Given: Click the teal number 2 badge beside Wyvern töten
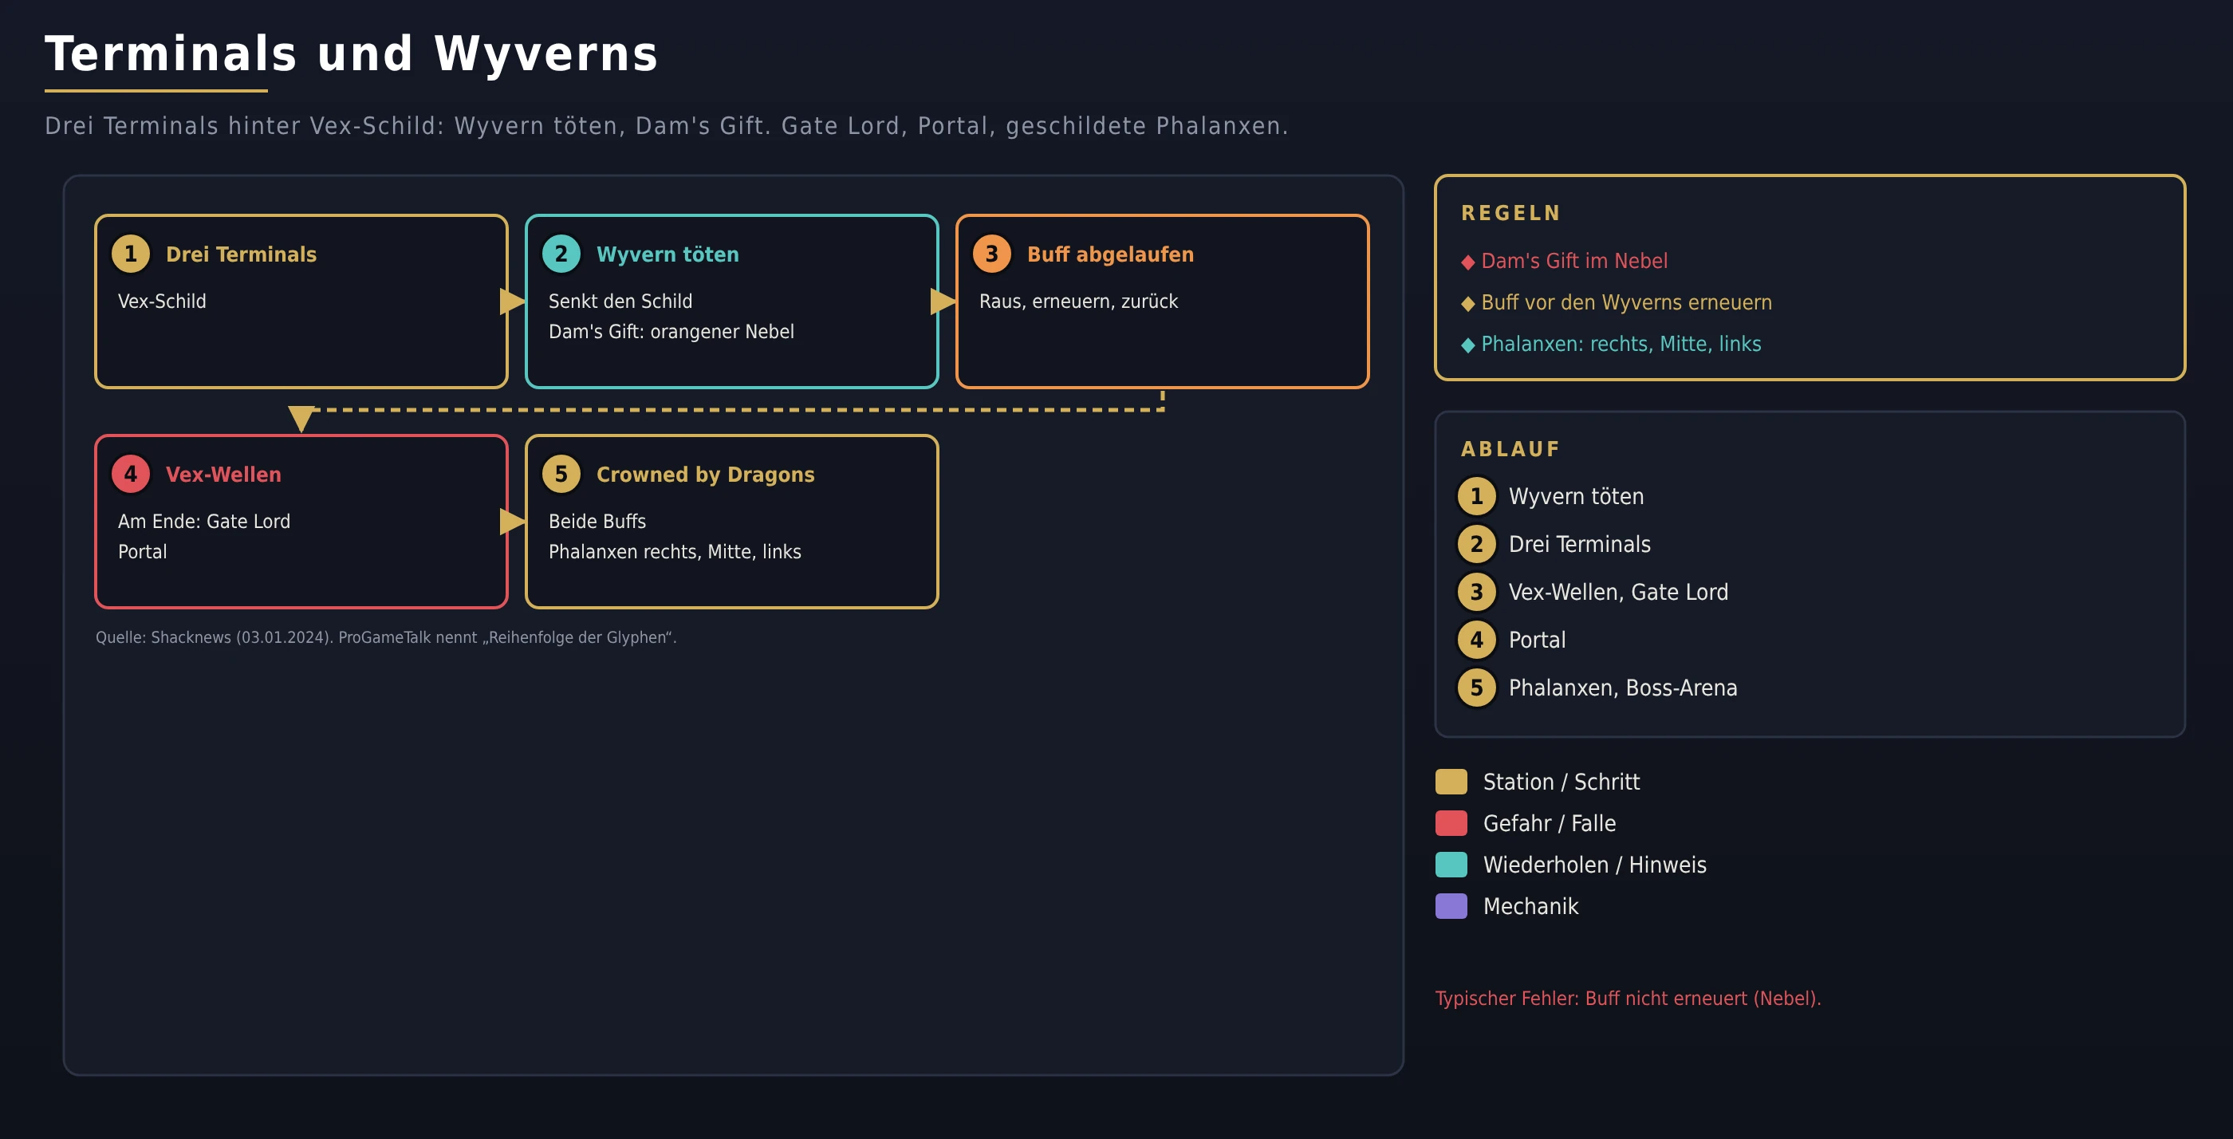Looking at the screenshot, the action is (561, 254).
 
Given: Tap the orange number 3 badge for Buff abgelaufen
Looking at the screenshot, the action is (991, 254).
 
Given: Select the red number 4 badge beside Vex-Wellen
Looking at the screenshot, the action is (131, 474).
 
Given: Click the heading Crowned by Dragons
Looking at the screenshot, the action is (706, 474).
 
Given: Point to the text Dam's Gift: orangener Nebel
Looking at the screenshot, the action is (671, 331).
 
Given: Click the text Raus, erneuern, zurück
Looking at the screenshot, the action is (1078, 301).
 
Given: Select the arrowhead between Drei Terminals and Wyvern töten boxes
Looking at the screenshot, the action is (512, 301).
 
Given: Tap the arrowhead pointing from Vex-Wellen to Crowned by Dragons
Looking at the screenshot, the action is (512, 522).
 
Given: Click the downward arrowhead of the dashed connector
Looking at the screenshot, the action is (301, 418).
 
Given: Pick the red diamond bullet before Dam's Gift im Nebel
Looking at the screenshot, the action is (1467, 262).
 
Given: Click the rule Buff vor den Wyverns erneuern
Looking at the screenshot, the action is (1626, 302).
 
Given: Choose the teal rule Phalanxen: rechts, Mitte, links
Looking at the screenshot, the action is (1621, 344).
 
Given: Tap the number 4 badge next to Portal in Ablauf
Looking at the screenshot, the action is (1477, 640).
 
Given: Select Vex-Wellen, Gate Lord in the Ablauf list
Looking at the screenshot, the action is (1618, 592).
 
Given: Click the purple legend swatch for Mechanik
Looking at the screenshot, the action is (1451, 906).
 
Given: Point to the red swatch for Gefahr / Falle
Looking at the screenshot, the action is (1451, 822).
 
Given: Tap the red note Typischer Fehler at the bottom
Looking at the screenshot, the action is (1628, 999).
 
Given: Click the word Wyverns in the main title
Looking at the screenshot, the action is (546, 53).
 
